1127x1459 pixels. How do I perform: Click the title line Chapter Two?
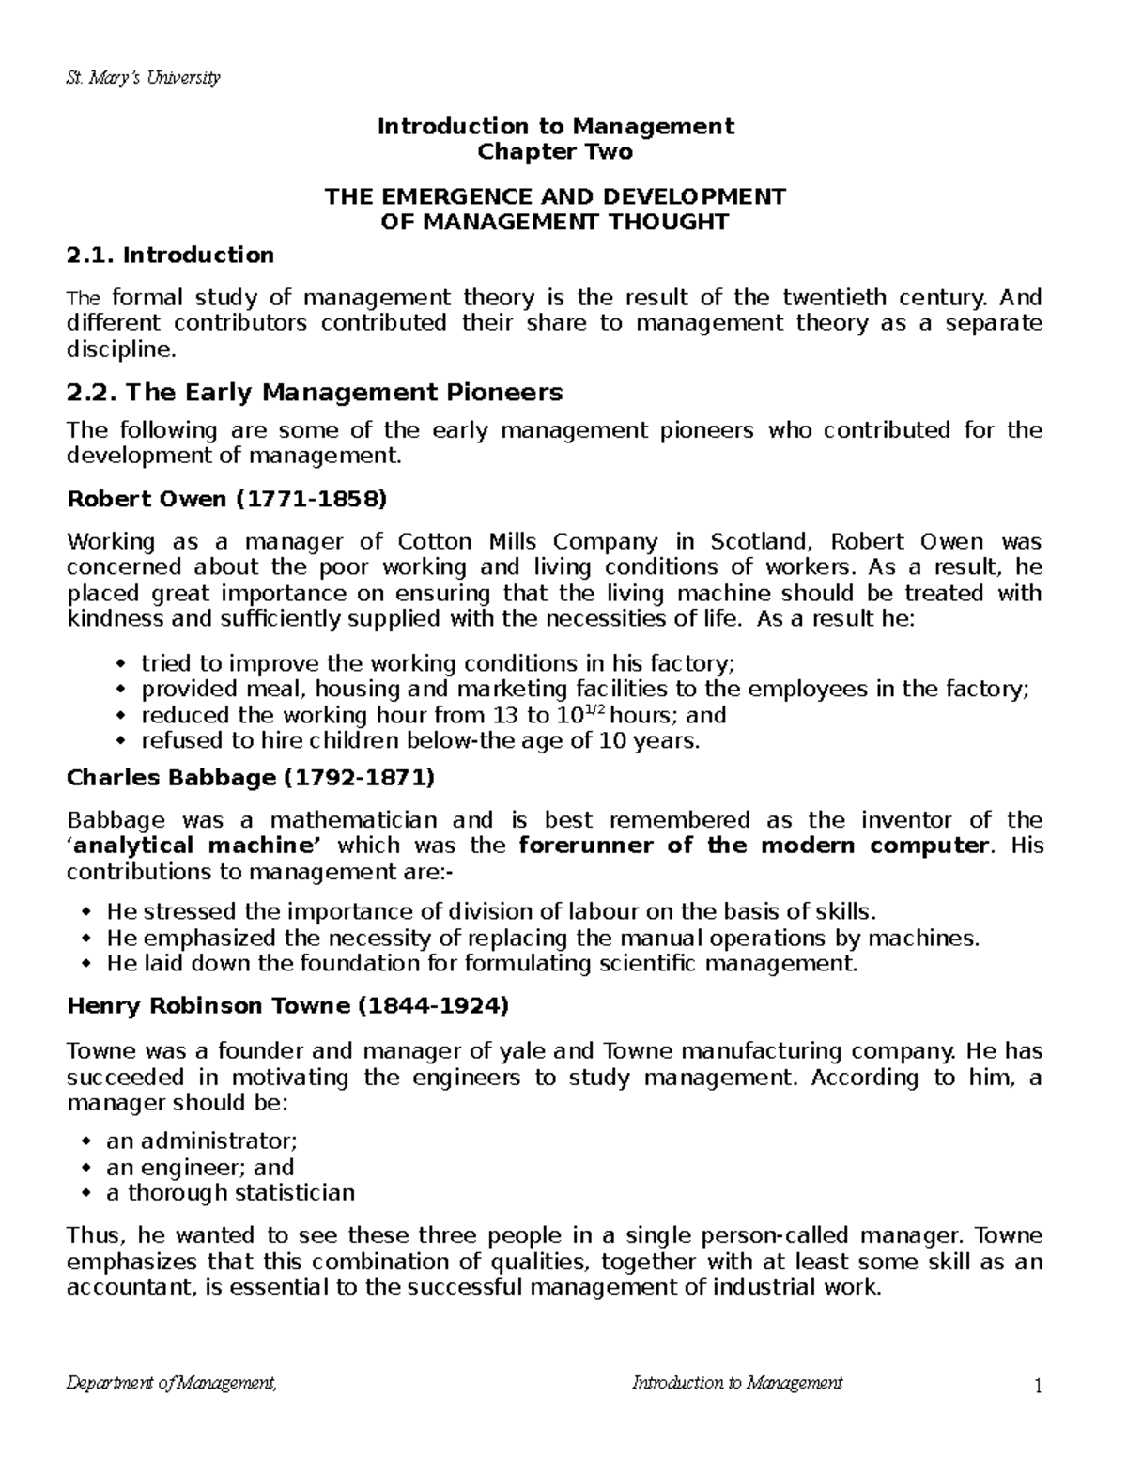coord(555,152)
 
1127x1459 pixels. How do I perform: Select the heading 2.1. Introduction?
coord(171,255)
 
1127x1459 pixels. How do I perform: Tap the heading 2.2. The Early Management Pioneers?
coord(315,392)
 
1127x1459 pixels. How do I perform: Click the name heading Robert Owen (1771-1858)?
coord(226,500)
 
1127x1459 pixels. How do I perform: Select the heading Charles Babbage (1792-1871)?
coord(251,778)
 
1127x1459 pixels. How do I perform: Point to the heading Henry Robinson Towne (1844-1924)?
coord(287,1006)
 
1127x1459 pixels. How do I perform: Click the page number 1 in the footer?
coord(1038,1386)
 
